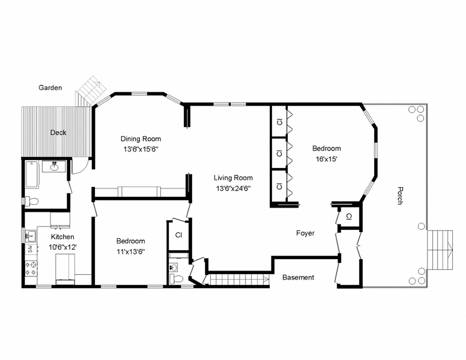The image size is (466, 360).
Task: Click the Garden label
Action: [50, 88]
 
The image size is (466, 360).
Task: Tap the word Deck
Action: [58, 132]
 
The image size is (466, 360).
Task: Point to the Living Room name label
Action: [233, 178]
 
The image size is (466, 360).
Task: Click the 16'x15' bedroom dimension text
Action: [326, 158]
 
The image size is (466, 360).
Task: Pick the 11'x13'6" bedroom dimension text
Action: [130, 251]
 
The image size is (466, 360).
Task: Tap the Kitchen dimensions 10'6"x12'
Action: [62, 247]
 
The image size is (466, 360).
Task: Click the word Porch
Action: [399, 196]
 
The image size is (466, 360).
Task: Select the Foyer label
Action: [305, 233]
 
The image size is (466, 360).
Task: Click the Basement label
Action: [298, 277]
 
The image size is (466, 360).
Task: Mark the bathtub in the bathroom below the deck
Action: [32, 175]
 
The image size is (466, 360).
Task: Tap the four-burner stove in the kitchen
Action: [32, 268]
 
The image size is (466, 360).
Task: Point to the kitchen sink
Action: [30, 234]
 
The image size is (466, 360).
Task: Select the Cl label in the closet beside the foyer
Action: [349, 217]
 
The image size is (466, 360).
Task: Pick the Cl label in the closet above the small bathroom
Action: [178, 235]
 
